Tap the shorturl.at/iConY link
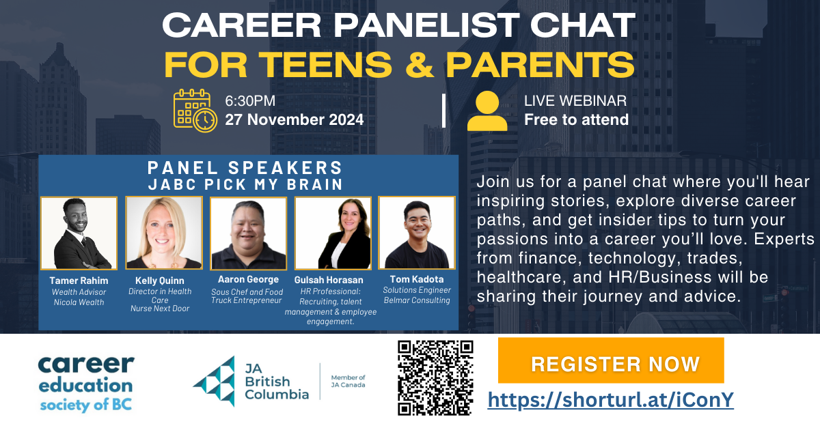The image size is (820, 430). coord(611,399)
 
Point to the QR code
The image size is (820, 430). coord(435,377)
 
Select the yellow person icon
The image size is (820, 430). coord(487,110)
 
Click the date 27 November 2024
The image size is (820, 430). coord(295,120)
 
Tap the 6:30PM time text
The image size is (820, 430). coord(251,102)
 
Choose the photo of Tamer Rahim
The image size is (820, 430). coord(79,233)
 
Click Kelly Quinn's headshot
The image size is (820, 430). coord(164,233)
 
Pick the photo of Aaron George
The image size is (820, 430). coord(248,233)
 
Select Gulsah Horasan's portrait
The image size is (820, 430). coord(333,233)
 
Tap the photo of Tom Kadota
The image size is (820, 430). coord(417,233)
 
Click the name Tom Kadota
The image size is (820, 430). coord(417,279)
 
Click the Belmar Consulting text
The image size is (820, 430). coord(417,300)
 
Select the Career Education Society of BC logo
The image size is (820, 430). coord(86,382)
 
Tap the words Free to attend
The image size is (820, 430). coord(576,120)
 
